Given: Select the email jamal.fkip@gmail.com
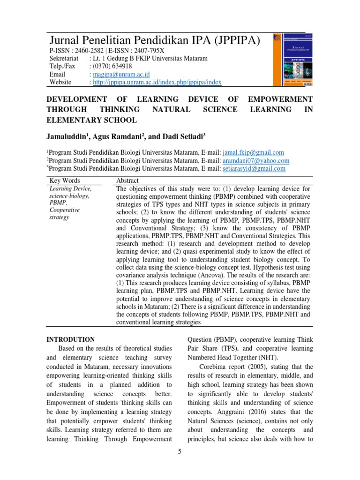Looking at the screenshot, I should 253,152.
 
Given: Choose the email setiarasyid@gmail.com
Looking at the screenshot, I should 253,168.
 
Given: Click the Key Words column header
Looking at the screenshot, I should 65,180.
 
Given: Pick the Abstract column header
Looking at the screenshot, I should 127,180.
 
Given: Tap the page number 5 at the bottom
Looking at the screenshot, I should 180,451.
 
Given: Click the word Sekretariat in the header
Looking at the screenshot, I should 64,58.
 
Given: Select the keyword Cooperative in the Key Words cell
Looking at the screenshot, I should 65,210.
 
